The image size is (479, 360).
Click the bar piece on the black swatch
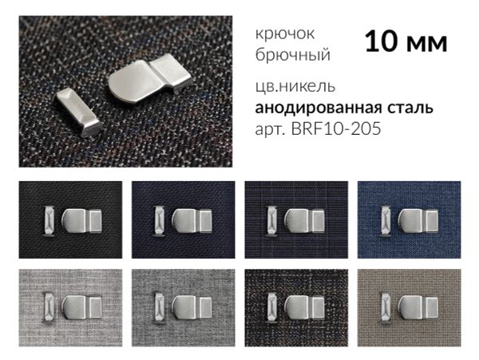click(x=48, y=220)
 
